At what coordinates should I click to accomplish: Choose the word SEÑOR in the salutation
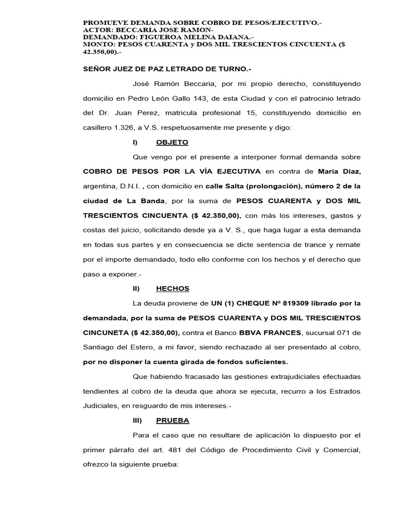point(97,69)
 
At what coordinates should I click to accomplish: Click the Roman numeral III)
point(137,420)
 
